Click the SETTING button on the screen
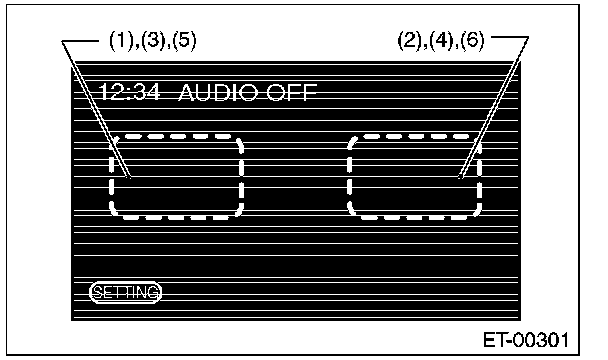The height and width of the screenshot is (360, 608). (x=125, y=292)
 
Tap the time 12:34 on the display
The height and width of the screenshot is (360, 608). (x=129, y=92)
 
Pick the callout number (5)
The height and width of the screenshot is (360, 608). (x=184, y=41)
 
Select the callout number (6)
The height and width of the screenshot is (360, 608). (x=472, y=40)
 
